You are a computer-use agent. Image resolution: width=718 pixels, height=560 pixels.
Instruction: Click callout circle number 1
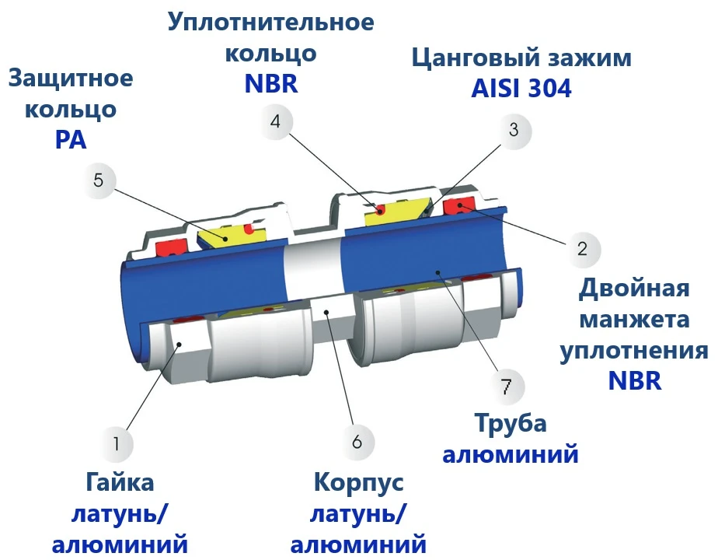(117, 443)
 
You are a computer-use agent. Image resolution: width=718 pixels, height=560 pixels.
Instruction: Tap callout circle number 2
(582, 249)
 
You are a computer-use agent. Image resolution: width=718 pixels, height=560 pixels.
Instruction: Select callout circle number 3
(514, 130)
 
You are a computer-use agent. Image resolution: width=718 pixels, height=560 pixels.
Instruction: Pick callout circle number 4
(275, 121)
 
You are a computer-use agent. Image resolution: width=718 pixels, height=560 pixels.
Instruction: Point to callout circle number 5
(99, 180)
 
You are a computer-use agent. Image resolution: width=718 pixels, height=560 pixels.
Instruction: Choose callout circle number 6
(357, 442)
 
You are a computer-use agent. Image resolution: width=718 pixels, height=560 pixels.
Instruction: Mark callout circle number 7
(506, 387)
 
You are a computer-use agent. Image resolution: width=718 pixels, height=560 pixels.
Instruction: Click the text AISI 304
(521, 89)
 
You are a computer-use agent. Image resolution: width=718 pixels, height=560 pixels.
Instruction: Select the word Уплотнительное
(271, 22)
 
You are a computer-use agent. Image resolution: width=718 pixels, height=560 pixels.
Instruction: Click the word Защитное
(71, 78)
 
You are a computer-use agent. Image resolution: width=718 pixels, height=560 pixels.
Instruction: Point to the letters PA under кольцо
(71, 140)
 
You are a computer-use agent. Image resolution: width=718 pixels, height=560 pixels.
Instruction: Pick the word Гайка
(120, 482)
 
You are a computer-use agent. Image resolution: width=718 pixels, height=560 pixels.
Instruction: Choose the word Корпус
(358, 482)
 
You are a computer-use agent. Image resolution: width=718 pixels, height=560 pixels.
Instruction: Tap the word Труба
(511, 423)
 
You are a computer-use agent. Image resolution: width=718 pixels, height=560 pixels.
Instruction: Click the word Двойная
(634, 289)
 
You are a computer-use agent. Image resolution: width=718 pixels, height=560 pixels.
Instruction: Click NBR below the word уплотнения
(635, 380)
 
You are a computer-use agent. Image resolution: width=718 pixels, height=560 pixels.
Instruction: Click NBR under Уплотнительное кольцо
(271, 83)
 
